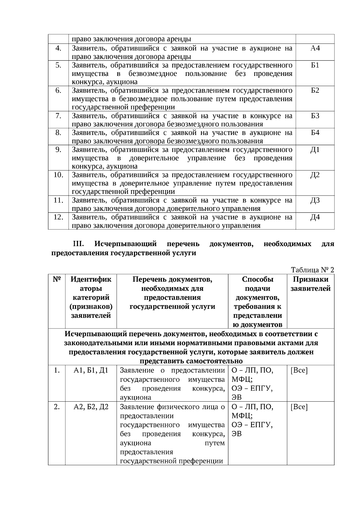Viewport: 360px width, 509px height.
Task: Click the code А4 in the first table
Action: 315,48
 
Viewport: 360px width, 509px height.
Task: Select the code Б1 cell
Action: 315,65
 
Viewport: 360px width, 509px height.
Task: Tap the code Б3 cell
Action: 315,116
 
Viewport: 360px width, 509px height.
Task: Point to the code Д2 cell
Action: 315,175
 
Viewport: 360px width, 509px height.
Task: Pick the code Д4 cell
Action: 315,217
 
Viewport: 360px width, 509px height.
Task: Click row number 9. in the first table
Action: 58,149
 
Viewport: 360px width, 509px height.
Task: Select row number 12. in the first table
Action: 58,217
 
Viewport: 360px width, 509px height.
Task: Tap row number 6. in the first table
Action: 58,90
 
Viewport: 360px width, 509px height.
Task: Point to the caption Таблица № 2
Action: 312,270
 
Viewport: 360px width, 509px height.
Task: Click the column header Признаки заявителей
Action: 310,284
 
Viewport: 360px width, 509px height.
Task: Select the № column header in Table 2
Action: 57,279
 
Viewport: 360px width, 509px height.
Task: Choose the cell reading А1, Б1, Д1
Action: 91,370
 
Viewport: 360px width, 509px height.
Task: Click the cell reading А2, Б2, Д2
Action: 91,407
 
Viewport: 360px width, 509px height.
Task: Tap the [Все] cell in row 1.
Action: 299,370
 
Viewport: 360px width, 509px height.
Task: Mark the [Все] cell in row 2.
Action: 299,407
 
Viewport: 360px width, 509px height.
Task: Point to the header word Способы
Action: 258,279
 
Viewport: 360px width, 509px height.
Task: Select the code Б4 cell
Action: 315,133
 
